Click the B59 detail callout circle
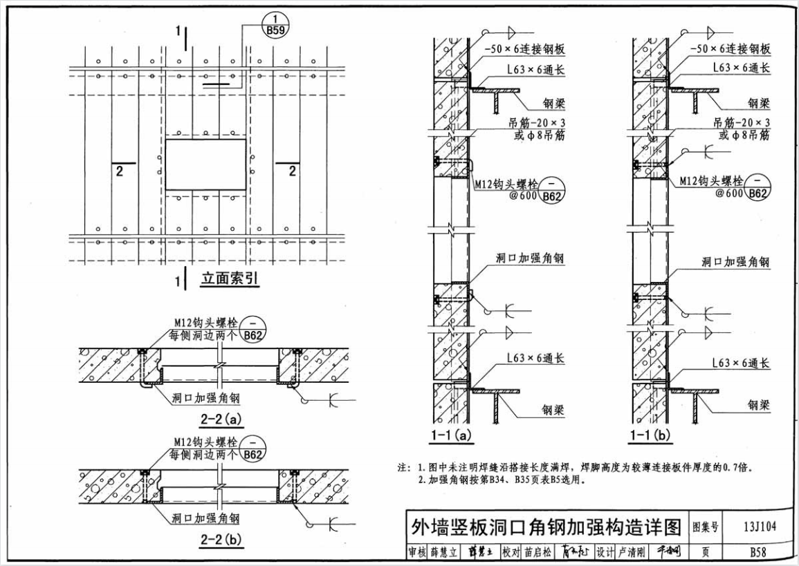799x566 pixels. click(x=276, y=23)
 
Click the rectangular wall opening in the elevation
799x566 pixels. click(x=206, y=164)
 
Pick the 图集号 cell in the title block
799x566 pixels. click(x=706, y=528)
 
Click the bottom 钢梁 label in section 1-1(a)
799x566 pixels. click(x=553, y=410)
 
